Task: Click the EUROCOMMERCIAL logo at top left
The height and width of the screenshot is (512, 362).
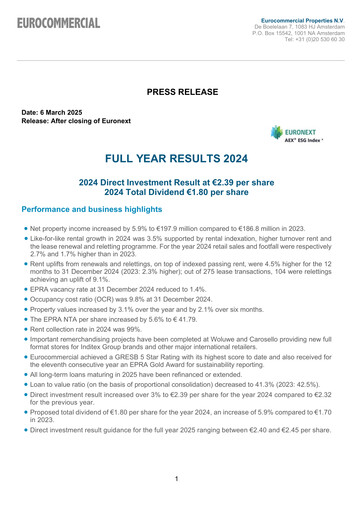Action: [57, 23]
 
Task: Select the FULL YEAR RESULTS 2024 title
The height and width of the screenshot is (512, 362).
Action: [180, 160]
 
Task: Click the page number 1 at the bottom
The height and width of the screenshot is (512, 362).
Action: [176, 479]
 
